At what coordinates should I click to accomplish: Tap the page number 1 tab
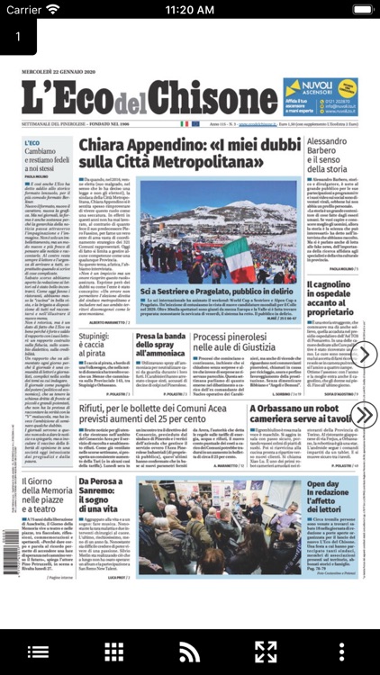[18, 37]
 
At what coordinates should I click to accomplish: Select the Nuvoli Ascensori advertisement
[320, 96]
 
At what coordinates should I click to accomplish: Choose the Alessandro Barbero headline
[332, 156]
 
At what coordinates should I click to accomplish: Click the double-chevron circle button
[363, 415]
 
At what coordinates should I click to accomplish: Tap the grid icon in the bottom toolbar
[113, 652]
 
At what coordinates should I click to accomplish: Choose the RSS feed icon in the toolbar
[189, 652]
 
